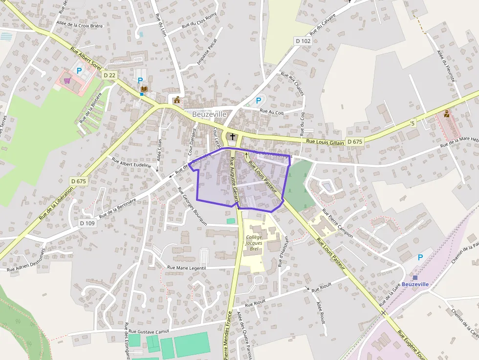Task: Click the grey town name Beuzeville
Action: coord(209,114)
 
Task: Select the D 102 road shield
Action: coord(303,41)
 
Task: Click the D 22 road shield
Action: coord(109,75)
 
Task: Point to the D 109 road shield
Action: coord(87,223)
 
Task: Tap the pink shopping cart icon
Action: coord(66,81)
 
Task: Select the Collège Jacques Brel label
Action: coord(254,243)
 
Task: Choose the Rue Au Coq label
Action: coord(272,112)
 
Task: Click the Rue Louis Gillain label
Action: coord(325,141)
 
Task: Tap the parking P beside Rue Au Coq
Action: coord(259,101)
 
